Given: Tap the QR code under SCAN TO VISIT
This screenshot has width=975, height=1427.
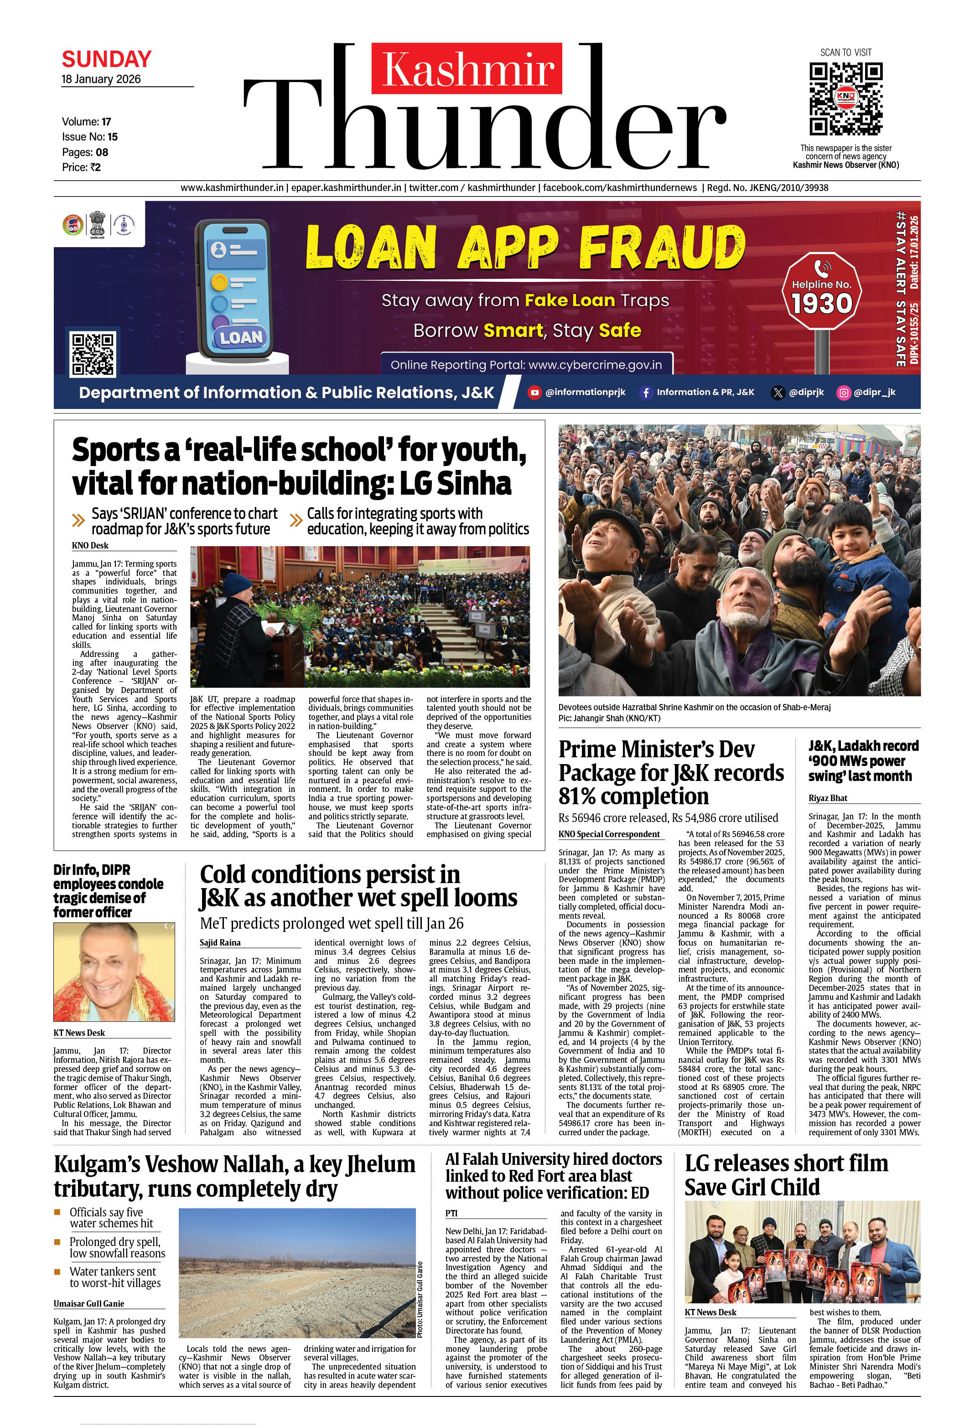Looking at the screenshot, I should pos(845,99).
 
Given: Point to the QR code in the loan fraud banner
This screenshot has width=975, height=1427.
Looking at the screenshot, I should pos(93,354).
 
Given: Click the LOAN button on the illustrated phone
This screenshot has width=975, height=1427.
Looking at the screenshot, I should pos(241,337).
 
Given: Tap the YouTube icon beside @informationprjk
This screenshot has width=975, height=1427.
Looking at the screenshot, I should pos(534,393).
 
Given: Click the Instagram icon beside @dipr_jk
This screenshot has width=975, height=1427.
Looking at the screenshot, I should pos(844,393).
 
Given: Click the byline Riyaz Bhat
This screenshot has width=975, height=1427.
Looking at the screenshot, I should pos(828,798).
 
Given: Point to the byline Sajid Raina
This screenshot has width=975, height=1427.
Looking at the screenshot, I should pos(220,942).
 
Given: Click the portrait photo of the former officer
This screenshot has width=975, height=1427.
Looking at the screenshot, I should pos(114,972).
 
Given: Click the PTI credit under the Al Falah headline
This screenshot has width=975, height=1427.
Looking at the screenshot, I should pos(451,1213).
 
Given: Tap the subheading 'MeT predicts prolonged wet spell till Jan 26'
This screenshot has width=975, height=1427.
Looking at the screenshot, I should pos(332,924).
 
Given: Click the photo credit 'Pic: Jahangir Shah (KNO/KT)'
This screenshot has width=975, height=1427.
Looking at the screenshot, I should pos(609,718).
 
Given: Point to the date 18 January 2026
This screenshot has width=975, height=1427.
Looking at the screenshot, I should pos(101,79).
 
